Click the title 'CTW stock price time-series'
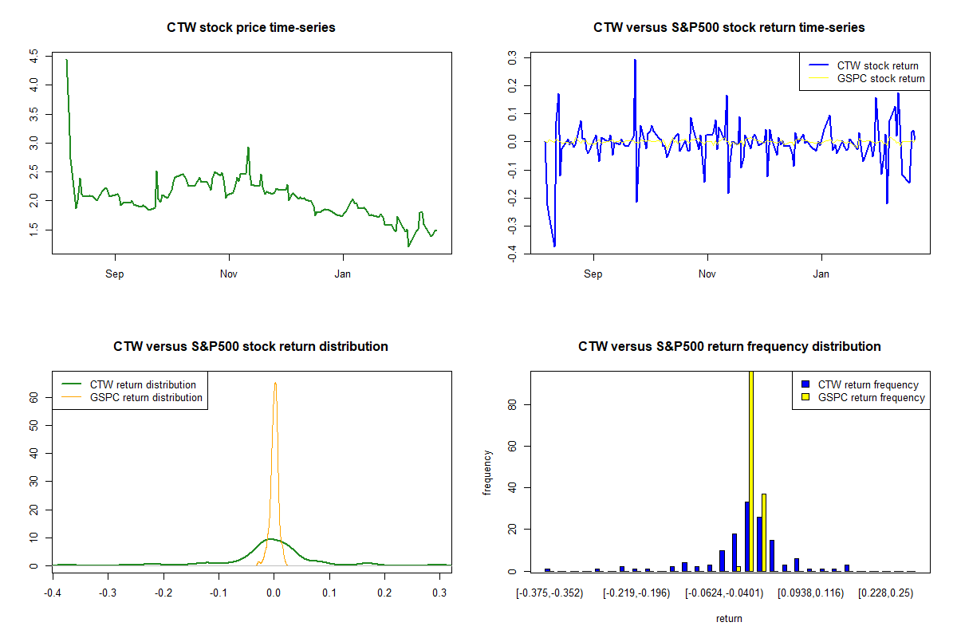[x=251, y=28]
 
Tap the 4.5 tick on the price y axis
[x=33, y=57]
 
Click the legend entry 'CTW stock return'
[x=877, y=65]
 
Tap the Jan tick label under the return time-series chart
[x=821, y=274]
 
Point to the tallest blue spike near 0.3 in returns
[x=635, y=61]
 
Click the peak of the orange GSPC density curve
[x=275, y=383]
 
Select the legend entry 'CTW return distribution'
[x=143, y=384]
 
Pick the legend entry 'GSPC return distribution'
[x=146, y=397]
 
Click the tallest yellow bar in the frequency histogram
[x=751, y=471]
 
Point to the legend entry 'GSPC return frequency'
[x=871, y=397]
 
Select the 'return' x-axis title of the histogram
[x=729, y=618]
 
